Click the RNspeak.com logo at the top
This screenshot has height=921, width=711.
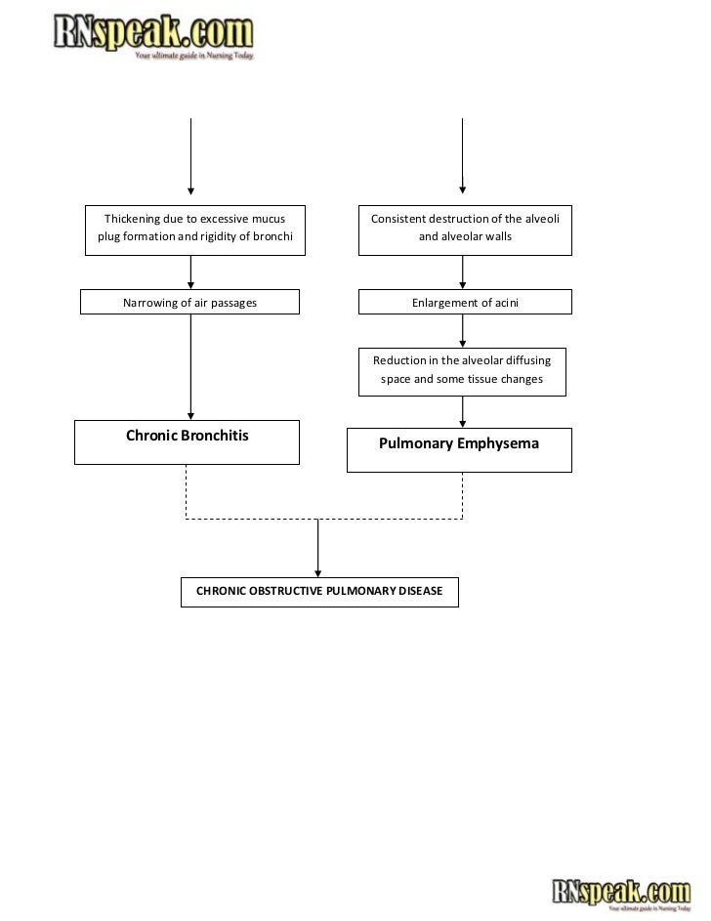point(153,36)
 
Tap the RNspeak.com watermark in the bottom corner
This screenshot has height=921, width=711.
point(621,894)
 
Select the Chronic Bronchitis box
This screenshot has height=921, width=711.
point(187,442)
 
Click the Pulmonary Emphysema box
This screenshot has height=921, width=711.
point(459,450)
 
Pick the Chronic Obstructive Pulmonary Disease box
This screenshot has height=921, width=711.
point(319,592)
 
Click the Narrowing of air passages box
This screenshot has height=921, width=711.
point(189,302)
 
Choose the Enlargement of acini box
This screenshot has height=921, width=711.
point(465,302)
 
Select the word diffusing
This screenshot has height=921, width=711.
point(527,360)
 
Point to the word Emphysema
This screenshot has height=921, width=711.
point(498,444)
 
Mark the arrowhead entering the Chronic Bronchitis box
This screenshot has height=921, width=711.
point(190,416)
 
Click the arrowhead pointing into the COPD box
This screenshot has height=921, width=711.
point(317,573)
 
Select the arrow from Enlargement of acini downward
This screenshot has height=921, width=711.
point(463,331)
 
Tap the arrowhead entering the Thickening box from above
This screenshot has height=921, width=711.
point(190,190)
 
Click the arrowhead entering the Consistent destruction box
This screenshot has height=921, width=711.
point(463,189)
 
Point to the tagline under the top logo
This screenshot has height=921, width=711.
point(193,56)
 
